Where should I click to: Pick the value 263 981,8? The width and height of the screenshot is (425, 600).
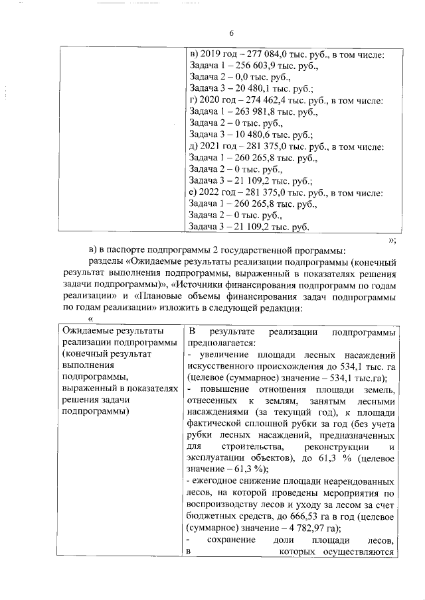click(254, 113)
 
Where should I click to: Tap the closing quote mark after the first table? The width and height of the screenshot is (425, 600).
click(392, 239)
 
